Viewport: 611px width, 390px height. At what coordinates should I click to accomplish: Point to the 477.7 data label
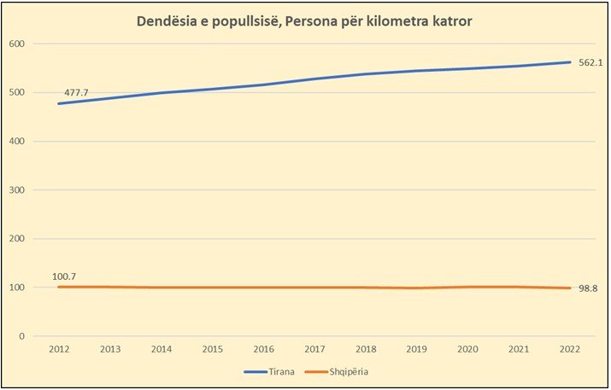[77, 90]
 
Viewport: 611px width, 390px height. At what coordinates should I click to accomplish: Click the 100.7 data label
[65, 277]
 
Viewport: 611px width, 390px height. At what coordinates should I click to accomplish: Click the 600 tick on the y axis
[18, 44]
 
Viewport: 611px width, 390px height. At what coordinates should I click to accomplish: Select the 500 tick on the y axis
[18, 92]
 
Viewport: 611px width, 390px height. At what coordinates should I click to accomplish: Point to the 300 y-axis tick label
[18, 189]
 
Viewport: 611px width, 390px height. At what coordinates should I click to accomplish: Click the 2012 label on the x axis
[59, 349]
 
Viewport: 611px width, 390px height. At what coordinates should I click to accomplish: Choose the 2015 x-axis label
[213, 349]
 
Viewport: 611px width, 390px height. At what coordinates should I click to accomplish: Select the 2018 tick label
[367, 349]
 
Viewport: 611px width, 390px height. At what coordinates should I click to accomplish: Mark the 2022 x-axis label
[571, 349]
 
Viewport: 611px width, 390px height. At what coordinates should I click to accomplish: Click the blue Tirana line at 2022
[571, 61]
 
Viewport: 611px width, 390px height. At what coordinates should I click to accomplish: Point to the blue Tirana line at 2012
[59, 103]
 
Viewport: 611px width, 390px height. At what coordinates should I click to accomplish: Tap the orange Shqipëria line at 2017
[315, 288]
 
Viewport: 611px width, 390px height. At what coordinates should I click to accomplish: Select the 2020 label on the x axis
[468, 349]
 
